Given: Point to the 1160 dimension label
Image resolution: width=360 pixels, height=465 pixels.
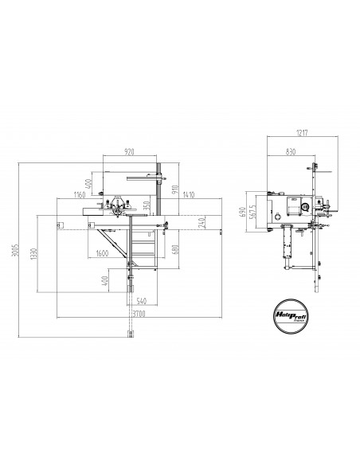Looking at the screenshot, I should tap(79, 194).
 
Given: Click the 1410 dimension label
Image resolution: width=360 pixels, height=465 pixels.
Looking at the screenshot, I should tap(189, 194).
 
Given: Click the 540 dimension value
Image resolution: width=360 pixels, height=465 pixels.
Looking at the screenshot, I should tap(142, 301).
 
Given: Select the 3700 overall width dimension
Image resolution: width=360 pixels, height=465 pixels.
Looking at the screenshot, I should tap(140, 315).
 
